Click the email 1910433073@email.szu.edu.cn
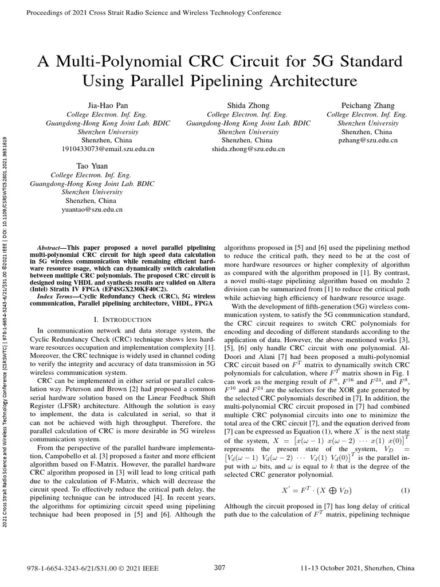tap(108, 149)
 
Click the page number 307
tap(219, 568)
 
